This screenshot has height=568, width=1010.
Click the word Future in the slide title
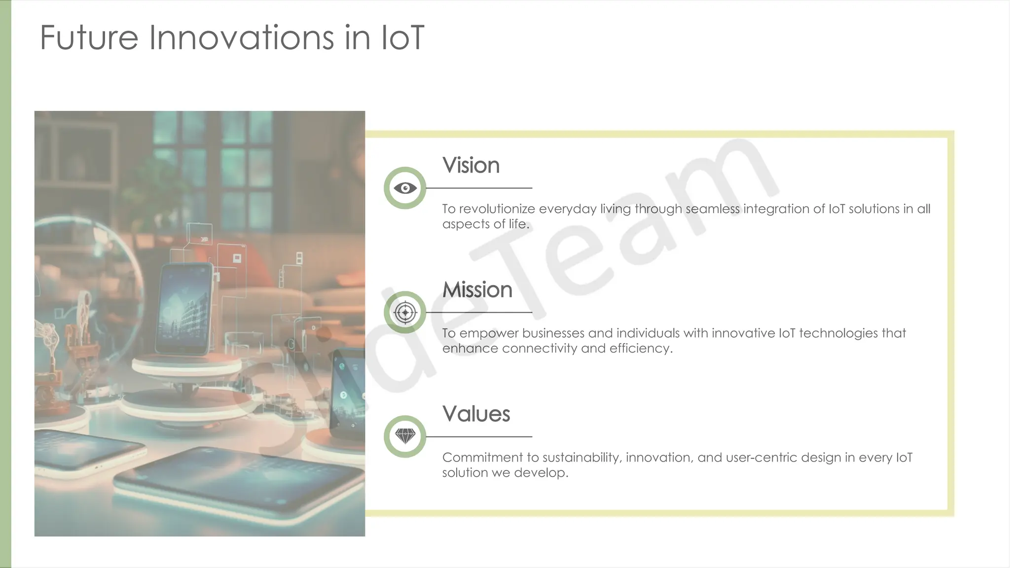coord(89,37)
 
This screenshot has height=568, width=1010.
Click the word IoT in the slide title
coord(402,37)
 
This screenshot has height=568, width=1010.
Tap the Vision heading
coord(470,165)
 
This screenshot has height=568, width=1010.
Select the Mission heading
coord(477,289)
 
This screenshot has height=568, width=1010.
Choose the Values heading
coord(476,414)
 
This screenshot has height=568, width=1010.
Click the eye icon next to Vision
coord(405,188)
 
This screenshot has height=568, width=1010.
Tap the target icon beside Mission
coord(405,312)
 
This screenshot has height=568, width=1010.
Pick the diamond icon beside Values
coord(405,436)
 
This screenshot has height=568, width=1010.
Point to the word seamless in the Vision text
coord(712,209)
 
